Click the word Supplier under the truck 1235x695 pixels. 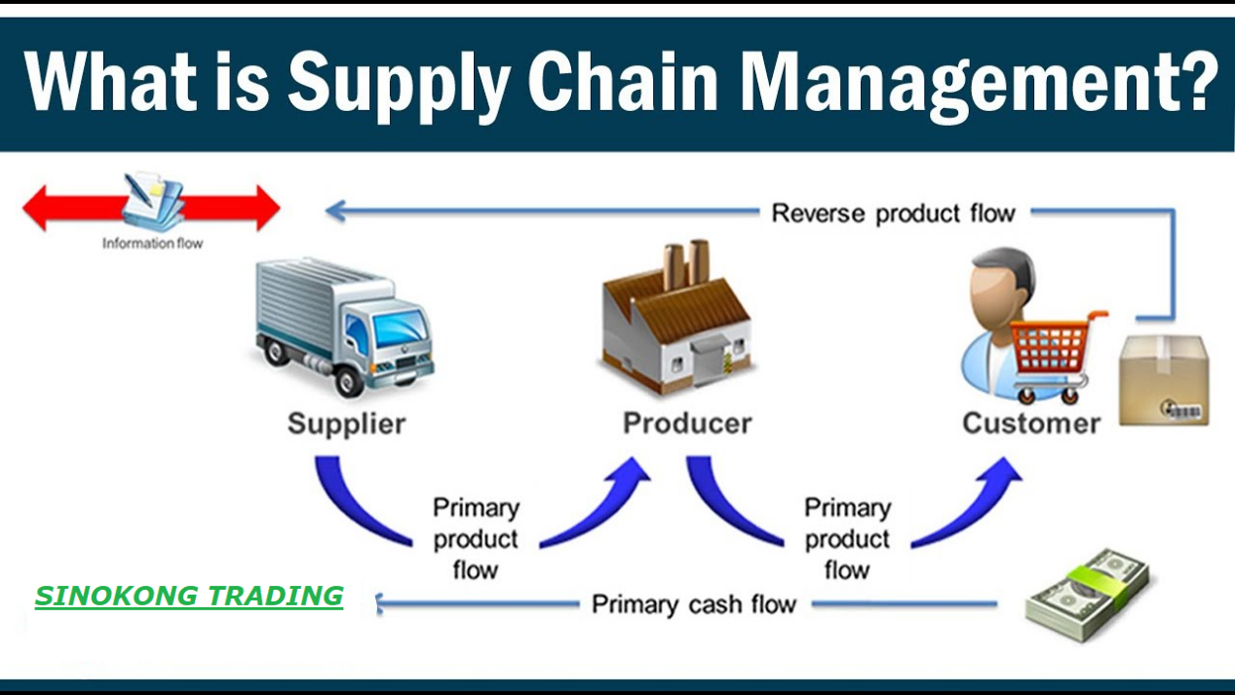[346, 424]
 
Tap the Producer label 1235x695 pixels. [687, 424]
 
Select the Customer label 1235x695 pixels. [1030, 424]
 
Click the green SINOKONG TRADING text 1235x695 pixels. [189, 596]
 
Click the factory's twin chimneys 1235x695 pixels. [685, 263]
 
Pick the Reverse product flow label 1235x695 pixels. [893, 212]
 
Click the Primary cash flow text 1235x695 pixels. [694, 604]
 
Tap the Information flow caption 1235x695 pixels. [152, 244]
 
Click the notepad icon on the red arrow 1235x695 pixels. [153, 201]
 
